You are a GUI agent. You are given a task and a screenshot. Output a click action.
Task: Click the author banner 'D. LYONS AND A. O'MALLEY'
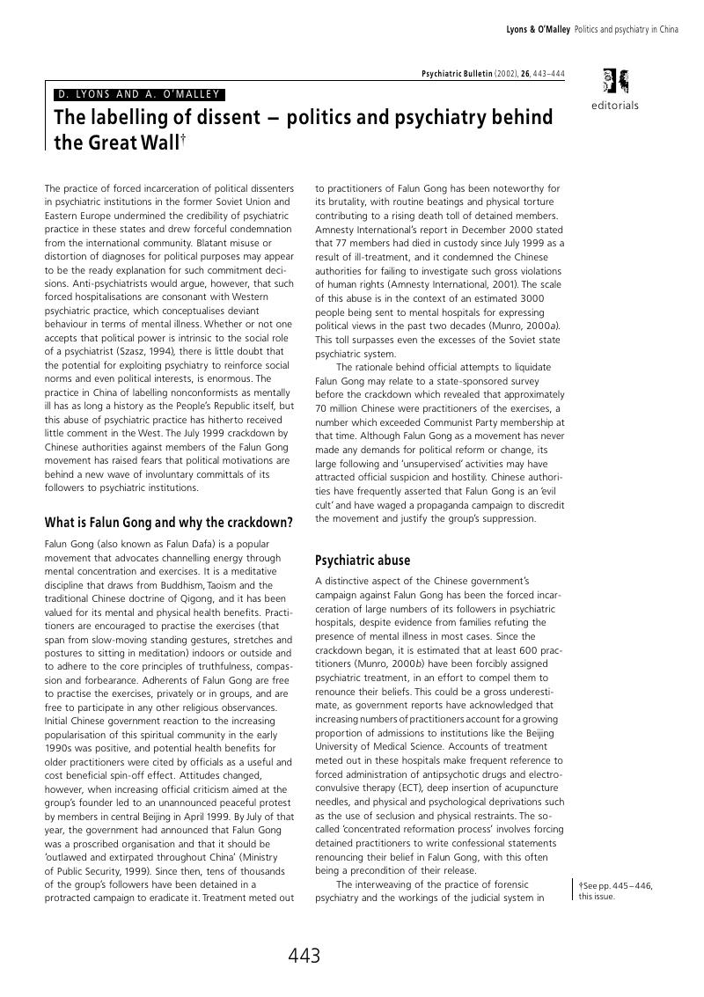pos(138,94)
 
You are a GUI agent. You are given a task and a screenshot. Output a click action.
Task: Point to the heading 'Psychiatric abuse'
pos(363,561)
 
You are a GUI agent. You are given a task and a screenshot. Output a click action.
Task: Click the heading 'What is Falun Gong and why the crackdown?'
pos(168,523)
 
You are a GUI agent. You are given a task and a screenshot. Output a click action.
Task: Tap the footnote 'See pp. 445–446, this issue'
pos(616,891)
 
